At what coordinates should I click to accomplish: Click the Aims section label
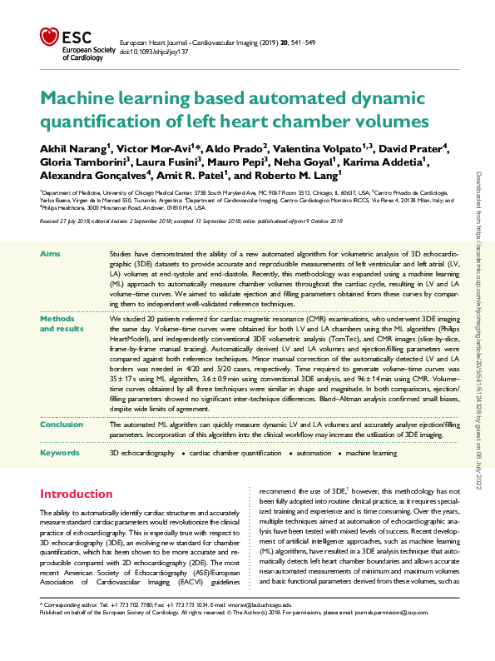(x=50, y=251)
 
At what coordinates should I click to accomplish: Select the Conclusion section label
(x=62, y=425)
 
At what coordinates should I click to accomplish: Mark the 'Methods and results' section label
(x=57, y=323)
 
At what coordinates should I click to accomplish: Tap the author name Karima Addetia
(x=395, y=162)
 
